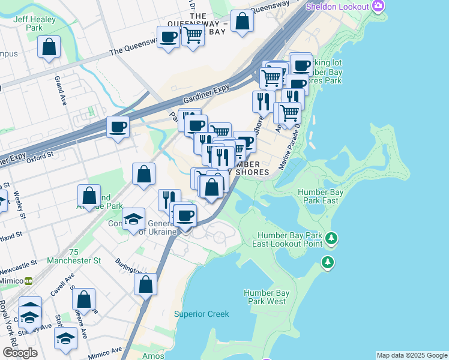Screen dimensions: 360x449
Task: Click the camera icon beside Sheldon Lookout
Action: pyautogui.click(x=378, y=6)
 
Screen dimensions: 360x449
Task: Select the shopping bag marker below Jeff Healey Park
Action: pyautogui.click(x=49, y=47)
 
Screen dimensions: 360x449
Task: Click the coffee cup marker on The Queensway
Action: pyautogui.click(x=168, y=37)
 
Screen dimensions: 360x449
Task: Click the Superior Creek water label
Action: pyautogui.click(x=201, y=314)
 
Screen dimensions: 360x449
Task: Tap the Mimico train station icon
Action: pyautogui.click(x=28, y=280)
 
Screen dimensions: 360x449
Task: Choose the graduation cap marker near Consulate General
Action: pyautogui.click(x=133, y=219)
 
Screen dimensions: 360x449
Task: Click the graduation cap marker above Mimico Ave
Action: pyautogui.click(x=65, y=338)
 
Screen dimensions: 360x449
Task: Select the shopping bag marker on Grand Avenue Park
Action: pyautogui.click(x=89, y=196)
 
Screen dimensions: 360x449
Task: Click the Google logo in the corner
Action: pyautogui.click(x=20, y=353)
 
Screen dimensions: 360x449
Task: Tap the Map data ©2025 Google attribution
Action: pyautogui.click(x=412, y=355)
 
